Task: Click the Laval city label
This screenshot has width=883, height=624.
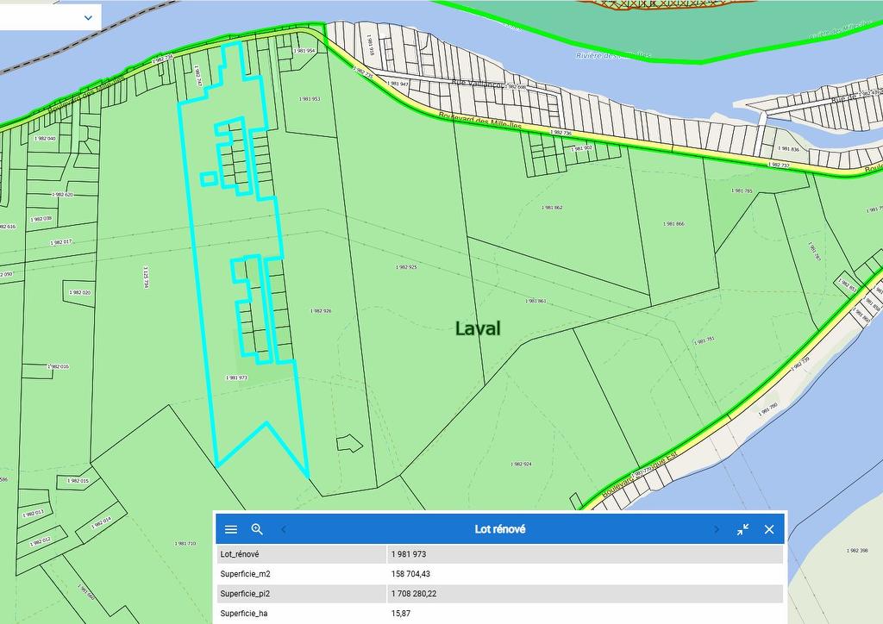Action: pyautogui.click(x=478, y=328)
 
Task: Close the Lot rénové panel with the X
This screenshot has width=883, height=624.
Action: pyautogui.click(x=769, y=529)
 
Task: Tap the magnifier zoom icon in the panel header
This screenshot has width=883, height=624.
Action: pyautogui.click(x=257, y=529)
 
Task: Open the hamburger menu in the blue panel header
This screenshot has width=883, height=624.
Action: pyautogui.click(x=231, y=529)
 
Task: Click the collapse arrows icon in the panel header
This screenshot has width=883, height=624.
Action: pyautogui.click(x=742, y=529)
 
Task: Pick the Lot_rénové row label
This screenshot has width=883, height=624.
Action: pyautogui.click(x=240, y=554)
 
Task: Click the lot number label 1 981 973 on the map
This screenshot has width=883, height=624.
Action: pyautogui.click(x=236, y=378)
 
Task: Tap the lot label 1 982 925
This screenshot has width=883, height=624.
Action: pyautogui.click(x=406, y=267)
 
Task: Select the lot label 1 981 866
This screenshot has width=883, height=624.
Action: pyautogui.click(x=674, y=224)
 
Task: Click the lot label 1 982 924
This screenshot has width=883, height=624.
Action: pyautogui.click(x=521, y=464)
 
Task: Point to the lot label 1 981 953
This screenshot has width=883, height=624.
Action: pyautogui.click(x=309, y=99)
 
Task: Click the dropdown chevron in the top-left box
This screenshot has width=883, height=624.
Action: pyautogui.click(x=88, y=16)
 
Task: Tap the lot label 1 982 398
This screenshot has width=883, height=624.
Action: pyautogui.click(x=857, y=550)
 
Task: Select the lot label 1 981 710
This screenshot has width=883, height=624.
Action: pyautogui.click(x=185, y=543)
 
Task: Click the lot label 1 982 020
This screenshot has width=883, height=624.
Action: pyautogui.click(x=79, y=292)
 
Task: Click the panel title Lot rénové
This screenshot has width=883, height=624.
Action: pyautogui.click(x=499, y=529)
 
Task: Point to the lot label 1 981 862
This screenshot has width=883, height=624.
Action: pyautogui.click(x=552, y=208)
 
